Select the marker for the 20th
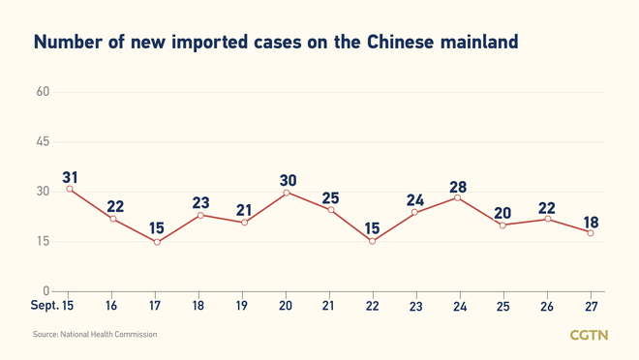point(287,193)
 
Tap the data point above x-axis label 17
point(157,242)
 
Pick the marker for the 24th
point(457,198)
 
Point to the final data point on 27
point(590,232)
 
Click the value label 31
point(70,176)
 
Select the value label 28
point(457,185)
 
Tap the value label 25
point(330,198)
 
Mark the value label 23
point(199,203)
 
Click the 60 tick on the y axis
point(43,92)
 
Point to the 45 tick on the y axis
point(43,141)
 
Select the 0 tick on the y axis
point(46,290)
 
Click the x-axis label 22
point(372,305)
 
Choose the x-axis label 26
point(546,305)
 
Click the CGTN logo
point(589,335)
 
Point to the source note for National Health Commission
point(94,335)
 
